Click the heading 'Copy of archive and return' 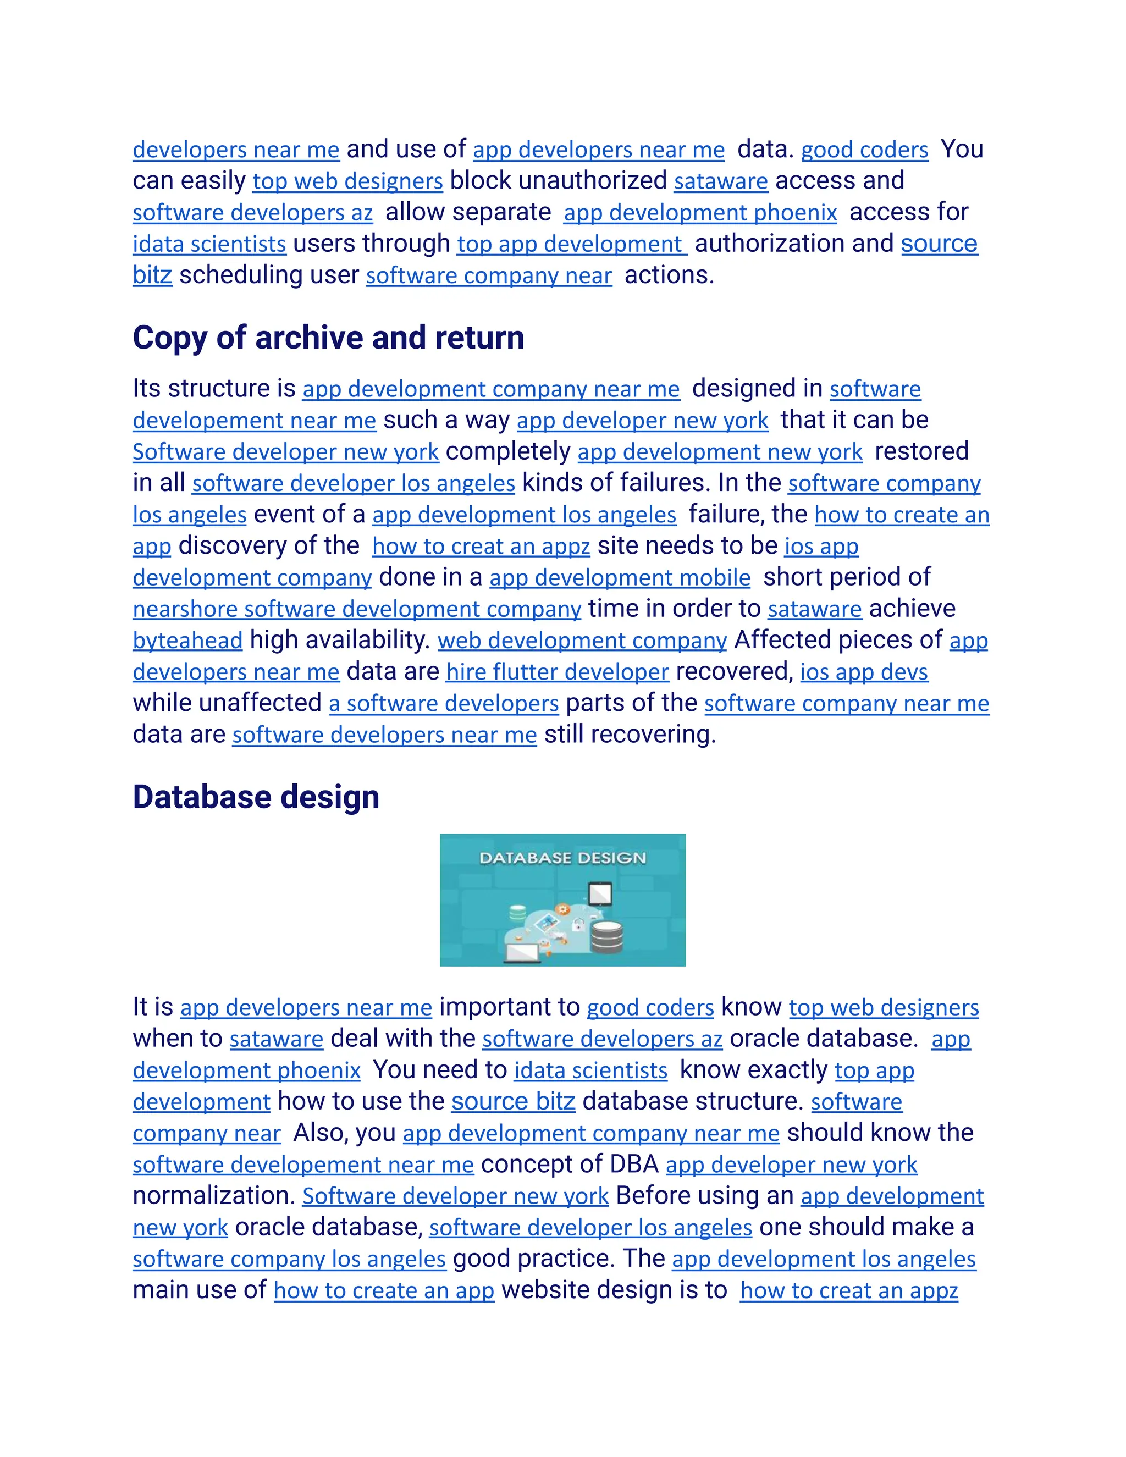tap(328, 338)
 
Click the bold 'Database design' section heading tap(256, 797)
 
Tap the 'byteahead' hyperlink tap(187, 641)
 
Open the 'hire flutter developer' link tap(557, 672)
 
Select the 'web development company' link tap(582, 641)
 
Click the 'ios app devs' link tap(864, 672)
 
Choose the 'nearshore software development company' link tap(357, 609)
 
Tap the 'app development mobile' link tap(620, 578)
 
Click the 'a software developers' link tap(444, 703)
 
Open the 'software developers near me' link tap(384, 735)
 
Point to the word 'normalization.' tap(213, 1195)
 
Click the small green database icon tap(517, 913)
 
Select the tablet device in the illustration tap(600, 892)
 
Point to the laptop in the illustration tap(523, 953)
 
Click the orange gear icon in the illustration tap(563, 909)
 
